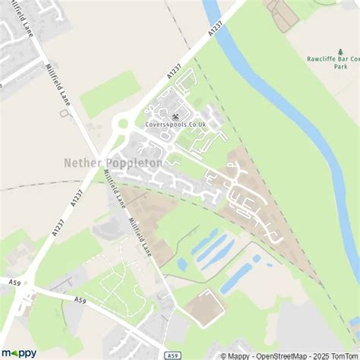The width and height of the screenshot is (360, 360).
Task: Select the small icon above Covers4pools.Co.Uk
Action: pos(176,116)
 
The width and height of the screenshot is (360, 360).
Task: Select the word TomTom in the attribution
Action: pos(345,355)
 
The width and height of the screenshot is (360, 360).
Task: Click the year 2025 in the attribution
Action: pos(321,355)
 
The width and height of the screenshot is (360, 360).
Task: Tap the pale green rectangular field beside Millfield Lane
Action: pos(111,93)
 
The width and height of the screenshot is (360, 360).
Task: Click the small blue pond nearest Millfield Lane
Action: pos(182,264)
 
